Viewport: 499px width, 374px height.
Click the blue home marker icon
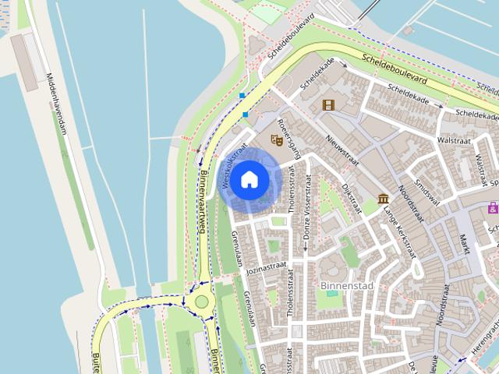(x=249, y=179)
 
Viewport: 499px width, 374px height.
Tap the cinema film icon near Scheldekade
(x=328, y=104)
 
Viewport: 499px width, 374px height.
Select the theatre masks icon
(x=275, y=140)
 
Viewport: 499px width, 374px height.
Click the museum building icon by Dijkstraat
(x=384, y=199)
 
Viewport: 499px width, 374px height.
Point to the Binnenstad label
(x=347, y=286)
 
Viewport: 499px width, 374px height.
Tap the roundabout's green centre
(x=202, y=301)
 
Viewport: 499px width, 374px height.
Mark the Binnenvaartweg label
(x=201, y=201)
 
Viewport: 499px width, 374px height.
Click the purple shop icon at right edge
(x=493, y=207)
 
